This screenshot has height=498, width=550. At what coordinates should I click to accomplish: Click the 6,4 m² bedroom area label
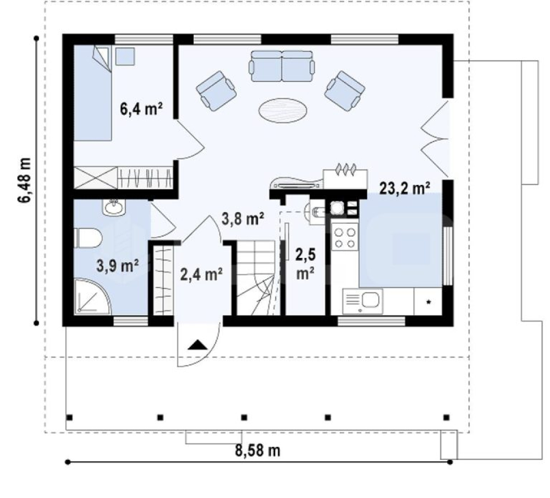[141, 109]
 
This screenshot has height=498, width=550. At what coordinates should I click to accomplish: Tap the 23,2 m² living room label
[405, 188]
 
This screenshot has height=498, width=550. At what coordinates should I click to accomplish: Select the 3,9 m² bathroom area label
[118, 265]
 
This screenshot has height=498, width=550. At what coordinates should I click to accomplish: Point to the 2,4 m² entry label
[201, 274]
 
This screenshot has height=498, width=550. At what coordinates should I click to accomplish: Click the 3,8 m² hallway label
[243, 219]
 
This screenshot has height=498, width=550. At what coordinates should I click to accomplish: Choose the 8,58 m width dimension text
[258, 450]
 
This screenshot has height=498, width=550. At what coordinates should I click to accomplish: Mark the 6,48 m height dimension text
[24, 180]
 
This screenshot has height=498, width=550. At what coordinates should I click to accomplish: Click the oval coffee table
[283, 110]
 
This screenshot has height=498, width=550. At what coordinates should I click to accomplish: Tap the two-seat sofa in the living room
[282, 66]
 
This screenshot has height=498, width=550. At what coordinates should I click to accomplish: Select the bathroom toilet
[89, 239]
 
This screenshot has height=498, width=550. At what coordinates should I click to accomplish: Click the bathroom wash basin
[113, 207]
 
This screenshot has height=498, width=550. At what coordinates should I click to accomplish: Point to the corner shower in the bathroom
[92, 296]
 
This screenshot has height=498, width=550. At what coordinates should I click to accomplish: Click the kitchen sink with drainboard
[362, 301]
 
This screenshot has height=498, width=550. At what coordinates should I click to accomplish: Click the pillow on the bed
[102, 59]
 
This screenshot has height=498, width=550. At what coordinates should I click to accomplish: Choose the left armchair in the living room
[216, 91]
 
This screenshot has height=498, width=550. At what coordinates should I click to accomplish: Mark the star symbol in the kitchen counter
[428, 302]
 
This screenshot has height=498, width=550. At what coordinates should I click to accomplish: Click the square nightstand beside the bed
[125, 56]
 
